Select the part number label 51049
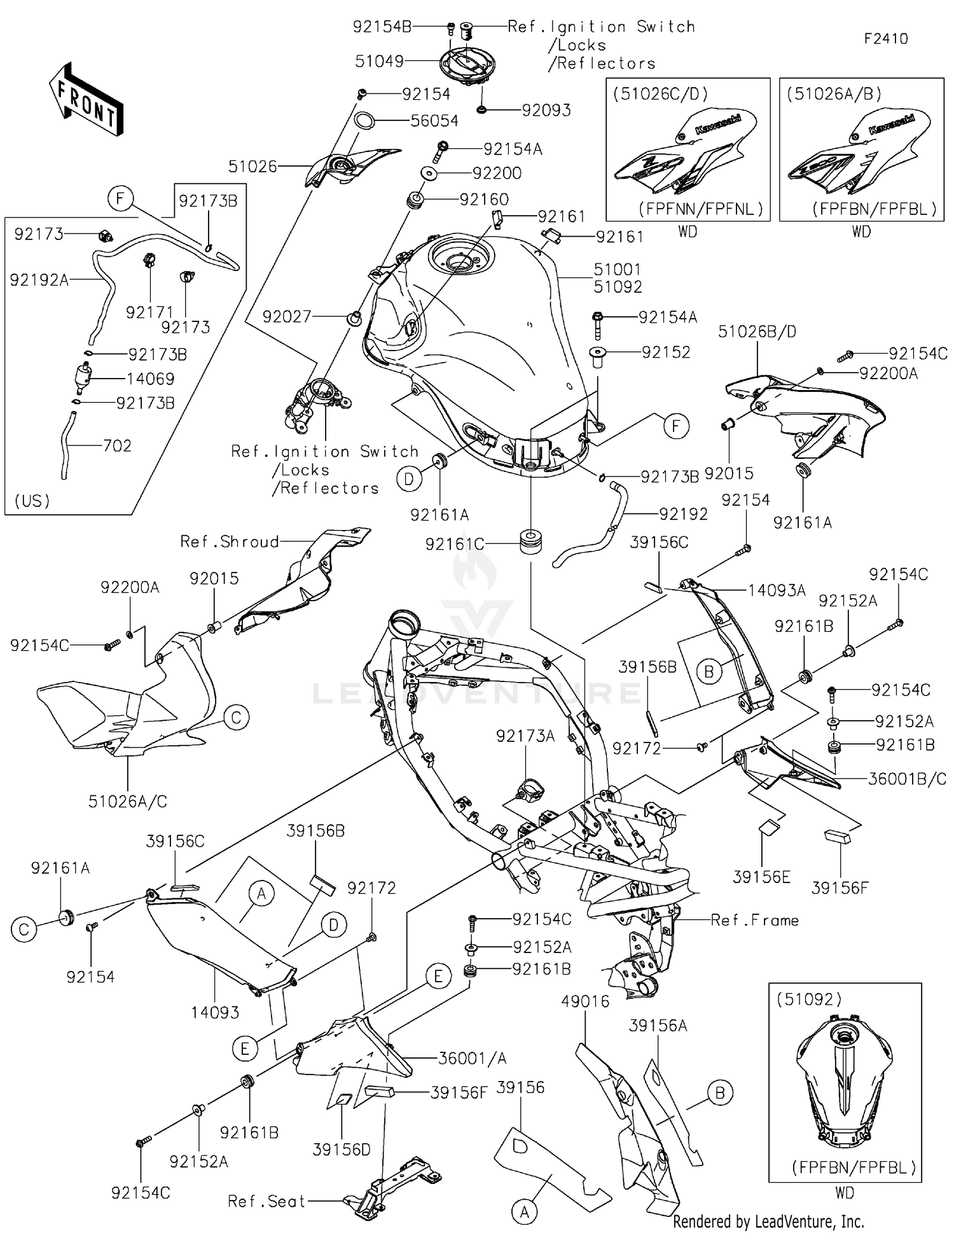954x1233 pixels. click(379, 61)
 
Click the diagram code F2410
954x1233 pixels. click(886, 39)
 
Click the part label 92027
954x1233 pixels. click(287, 316)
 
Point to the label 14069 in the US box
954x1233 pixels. click(150, 379)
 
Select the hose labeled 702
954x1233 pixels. click(66, 445)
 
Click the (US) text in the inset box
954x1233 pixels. click(32, 501)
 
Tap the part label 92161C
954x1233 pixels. click(454, 545)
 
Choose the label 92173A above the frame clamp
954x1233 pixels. click(525, 736)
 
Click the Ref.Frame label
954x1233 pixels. click(754, 920)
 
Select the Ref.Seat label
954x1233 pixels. click(266, 1201)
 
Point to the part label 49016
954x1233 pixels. click(585, 1001)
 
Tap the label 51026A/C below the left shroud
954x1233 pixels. click(127, 802)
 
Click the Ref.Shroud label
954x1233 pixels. click(230, 541)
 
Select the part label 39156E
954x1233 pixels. click(761, 877)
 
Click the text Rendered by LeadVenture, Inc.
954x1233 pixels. click(768, 1222)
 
